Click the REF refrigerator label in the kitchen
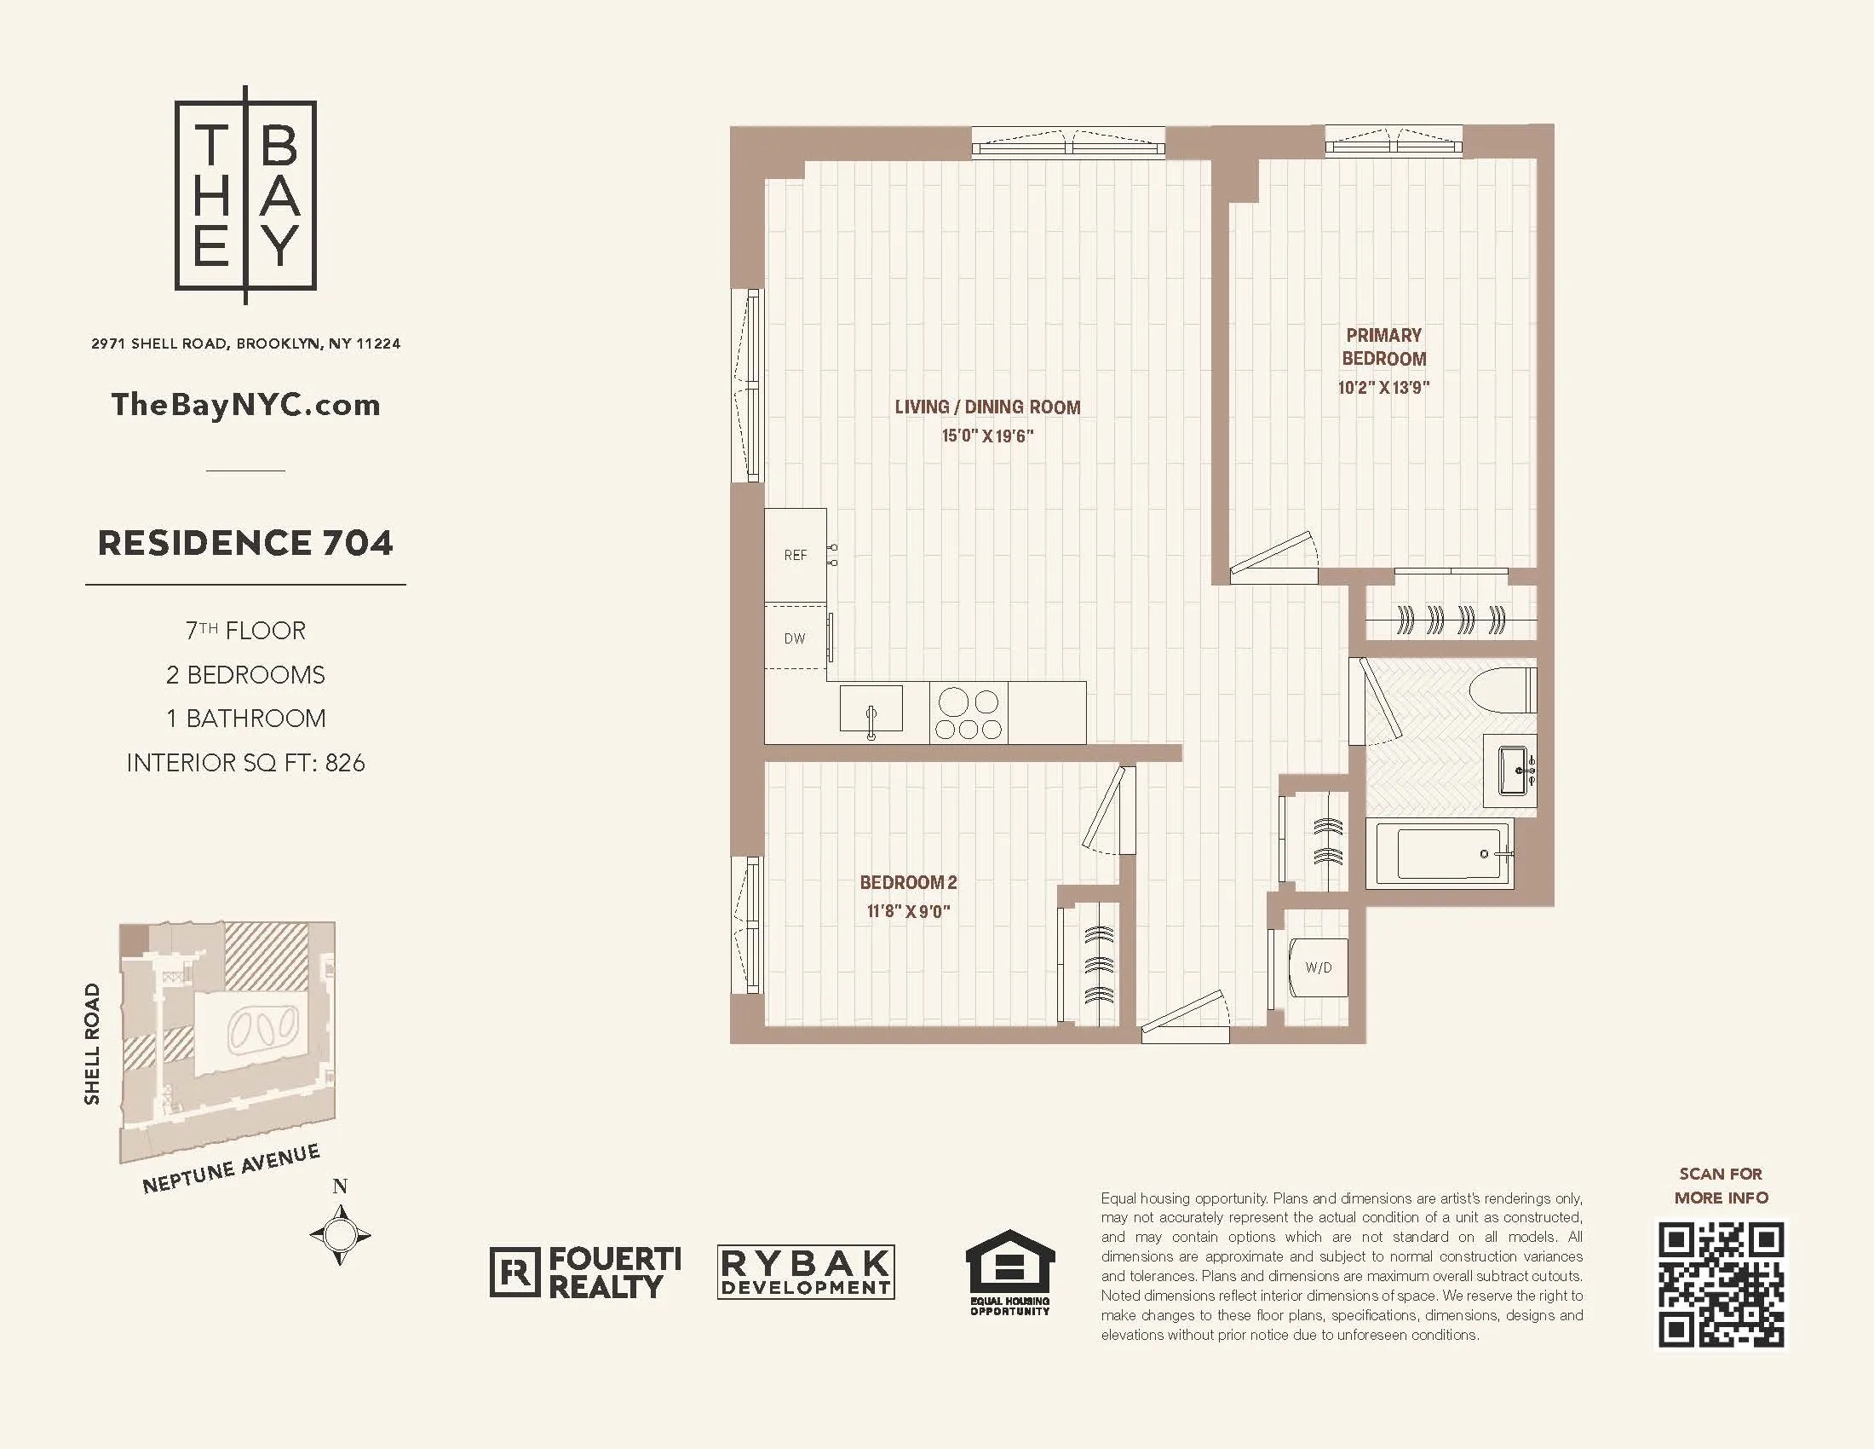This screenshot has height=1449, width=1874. click(796, 556)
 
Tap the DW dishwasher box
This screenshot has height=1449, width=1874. click(796, 638)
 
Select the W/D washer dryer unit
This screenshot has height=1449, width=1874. click(1319, 967)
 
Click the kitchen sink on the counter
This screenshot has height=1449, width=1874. click(871, 710)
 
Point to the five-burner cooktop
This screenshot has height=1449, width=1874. click(968, 713)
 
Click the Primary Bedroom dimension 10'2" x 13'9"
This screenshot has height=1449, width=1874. click(1383, 388)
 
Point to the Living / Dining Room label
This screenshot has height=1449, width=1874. click(986, 407)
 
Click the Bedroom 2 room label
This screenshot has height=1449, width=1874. click(908, 882)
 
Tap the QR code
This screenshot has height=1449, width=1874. click(1721, 1285)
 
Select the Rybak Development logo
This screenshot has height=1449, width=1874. click(806, 1272)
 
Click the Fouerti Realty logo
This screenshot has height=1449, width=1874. click(586, 1273)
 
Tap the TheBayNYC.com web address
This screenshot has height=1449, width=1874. click(245, 405)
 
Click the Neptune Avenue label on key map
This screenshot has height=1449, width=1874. click(231, 1170)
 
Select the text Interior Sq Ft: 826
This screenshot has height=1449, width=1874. click(245, 763)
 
